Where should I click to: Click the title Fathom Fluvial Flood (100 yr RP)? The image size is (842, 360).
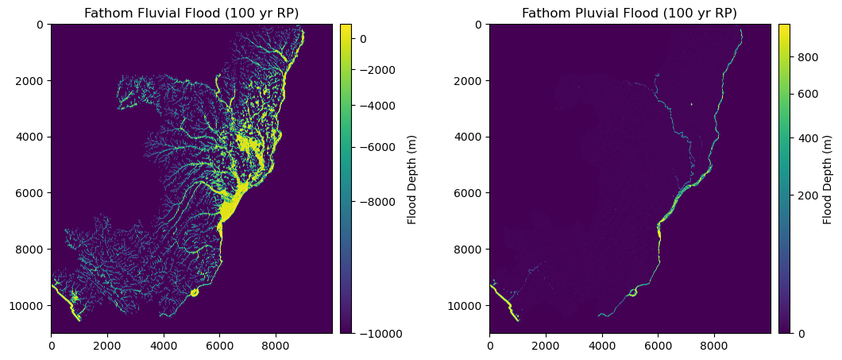point(191,13)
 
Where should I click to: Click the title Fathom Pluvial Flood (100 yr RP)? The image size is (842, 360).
point(629,13)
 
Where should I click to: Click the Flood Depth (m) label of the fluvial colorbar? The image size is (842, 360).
point(412,179)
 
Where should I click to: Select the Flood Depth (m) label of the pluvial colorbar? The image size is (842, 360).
point(828,179)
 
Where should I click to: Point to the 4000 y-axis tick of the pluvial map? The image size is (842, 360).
point(469,137)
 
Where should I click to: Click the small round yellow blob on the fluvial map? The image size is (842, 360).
point(195,292)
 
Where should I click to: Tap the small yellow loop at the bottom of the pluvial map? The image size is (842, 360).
point(633,292)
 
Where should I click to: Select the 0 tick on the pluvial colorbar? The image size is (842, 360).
point(800,333)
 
